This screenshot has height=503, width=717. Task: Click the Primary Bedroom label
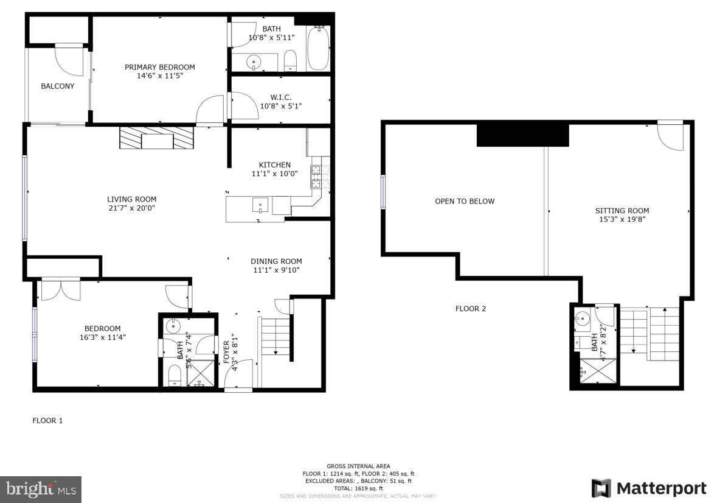[x=160, y=67]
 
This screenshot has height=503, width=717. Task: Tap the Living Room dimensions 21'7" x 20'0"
[x=132, y=208]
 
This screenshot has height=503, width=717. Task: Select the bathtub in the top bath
[x=318, y=49]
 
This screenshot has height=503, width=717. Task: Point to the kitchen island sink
[x=260, y=205]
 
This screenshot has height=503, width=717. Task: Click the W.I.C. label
[x=280, y=97]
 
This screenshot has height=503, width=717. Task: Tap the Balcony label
[x=58, y=86]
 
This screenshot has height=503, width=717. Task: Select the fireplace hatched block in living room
[x=156, y=138]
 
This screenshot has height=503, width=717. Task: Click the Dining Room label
[x=276, y=261]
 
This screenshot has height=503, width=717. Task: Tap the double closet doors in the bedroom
[x=61, y=289]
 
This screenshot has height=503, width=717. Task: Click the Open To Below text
[x=465, y=202]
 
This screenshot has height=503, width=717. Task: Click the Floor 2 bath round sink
[x=582, y=318]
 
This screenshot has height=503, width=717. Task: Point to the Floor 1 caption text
[x=47, y=420]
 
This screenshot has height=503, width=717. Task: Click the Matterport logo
[x=649, y=488]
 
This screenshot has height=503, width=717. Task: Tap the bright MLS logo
[x=41, y=489]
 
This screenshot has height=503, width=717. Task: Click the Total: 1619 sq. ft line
[x=358, y=488]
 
